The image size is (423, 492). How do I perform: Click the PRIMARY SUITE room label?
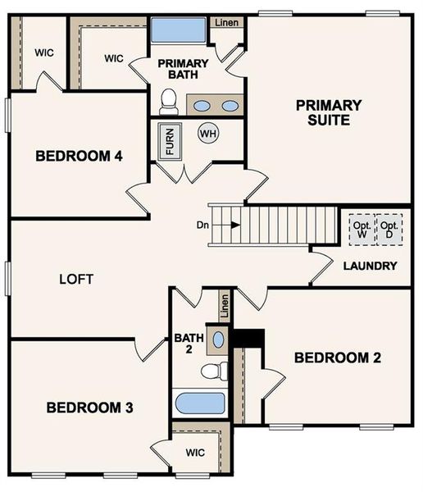[x=329, y=112]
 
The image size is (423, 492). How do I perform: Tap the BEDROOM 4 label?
[x=80, y=156]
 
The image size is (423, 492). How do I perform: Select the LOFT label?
[x=76, y=279]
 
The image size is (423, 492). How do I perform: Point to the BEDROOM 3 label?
[x=89, y=408]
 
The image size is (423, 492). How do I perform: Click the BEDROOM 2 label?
[x=338, y=358]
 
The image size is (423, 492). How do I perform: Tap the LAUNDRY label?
[x=370, y=266]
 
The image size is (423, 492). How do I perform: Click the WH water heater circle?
[x=207, y=132]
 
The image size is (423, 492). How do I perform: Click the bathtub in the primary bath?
[x=178, y=33]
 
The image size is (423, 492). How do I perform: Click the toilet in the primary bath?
[x=170, y=102]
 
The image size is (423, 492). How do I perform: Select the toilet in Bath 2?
[x=214, y=371]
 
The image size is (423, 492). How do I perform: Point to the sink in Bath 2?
[x=219, y=339]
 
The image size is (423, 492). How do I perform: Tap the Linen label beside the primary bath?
[x=226, y=22]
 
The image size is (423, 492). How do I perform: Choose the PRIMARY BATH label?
[x=183, y=70]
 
